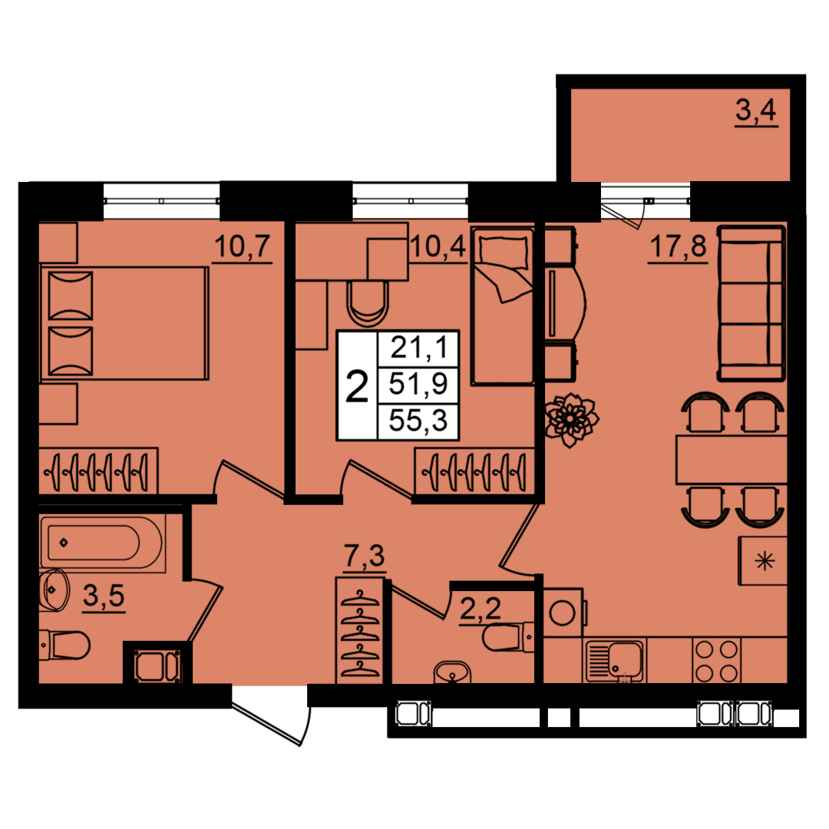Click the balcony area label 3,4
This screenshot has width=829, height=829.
click(756, 111)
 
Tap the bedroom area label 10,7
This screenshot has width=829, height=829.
click(243, 246)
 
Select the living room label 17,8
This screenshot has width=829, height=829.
click(678, 246)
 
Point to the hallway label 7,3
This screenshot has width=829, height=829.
click(365, 557)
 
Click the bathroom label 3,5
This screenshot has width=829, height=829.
click(104, 596)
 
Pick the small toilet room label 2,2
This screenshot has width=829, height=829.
click(480, 609)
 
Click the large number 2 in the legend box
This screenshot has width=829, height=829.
click(357, 386)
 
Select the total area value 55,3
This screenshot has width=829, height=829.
click(418, 421)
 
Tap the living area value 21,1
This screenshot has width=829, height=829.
click(419, 348)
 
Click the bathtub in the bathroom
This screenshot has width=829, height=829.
click(102, 543)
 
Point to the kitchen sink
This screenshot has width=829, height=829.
click(614, 661)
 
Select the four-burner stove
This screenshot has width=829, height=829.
click(716, 661)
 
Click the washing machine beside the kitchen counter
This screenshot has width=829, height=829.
click(563, 613)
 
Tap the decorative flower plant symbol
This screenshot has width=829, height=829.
click(571, 419)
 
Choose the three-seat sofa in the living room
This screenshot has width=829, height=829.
click(751, 303)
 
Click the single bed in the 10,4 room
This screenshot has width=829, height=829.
click(502, 306)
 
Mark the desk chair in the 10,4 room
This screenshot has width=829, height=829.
click(368, 305)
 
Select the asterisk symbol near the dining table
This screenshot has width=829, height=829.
click(765, 560)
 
